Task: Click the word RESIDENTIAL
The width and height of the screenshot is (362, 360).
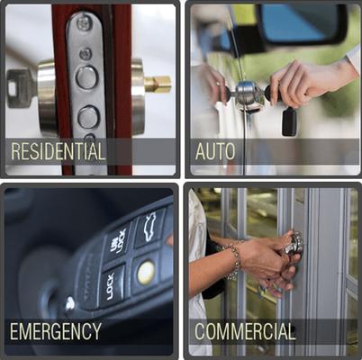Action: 57,151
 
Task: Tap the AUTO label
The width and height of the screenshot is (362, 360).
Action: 215,151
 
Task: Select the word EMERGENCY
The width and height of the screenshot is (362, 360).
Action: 55,331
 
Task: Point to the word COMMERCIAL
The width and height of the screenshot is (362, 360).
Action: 245,331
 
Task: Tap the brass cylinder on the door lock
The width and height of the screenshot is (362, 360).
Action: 158,84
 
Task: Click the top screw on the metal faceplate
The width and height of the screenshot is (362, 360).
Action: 84,24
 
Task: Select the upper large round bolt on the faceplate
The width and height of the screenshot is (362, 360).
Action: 86,77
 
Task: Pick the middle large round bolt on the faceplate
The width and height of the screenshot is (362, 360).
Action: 87,116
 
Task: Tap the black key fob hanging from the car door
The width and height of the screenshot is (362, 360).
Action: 289,121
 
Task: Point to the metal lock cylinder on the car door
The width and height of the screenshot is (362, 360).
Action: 244,91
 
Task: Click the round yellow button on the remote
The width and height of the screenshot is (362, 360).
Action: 145,273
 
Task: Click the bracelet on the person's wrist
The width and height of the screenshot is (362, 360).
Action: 234,261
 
